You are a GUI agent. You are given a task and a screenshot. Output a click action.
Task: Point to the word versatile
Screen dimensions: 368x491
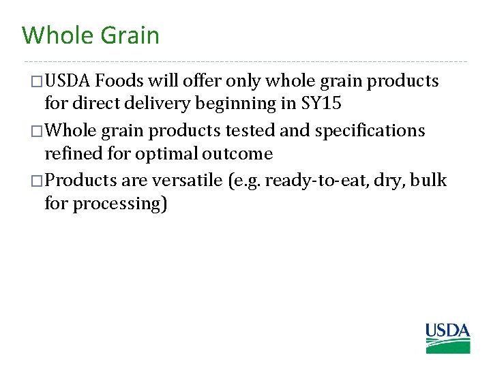pyautogui.click(x=179, y=180)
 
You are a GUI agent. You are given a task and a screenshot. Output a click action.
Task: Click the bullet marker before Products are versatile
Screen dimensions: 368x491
pyautogui.click(x=37, y=181)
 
